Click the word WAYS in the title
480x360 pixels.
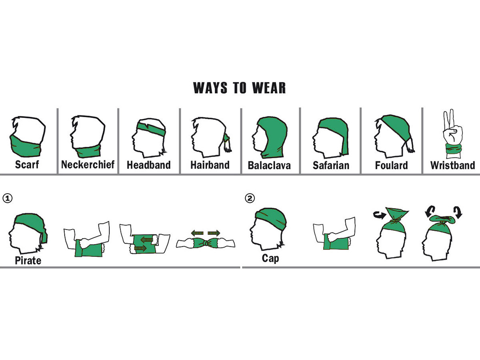pos(210,88)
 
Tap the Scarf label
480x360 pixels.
pos(27,164)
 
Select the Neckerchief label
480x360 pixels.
pos(88,164)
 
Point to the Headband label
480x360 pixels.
pos(149,165)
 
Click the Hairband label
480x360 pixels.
pos(210,165)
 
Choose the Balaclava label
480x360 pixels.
pos(269,166)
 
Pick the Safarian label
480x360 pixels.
pos(331,166)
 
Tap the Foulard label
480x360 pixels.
pos(392,166)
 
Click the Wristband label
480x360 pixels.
pos(453,166)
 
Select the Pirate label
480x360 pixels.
pos(28,260)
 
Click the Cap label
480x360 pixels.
pos(270,258)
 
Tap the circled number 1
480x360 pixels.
pos(8,198)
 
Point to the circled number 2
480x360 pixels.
pos(250,198)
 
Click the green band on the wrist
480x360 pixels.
pos(454,149)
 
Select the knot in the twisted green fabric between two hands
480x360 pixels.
pos(206,243)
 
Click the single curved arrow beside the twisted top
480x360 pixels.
pos(380,214)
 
